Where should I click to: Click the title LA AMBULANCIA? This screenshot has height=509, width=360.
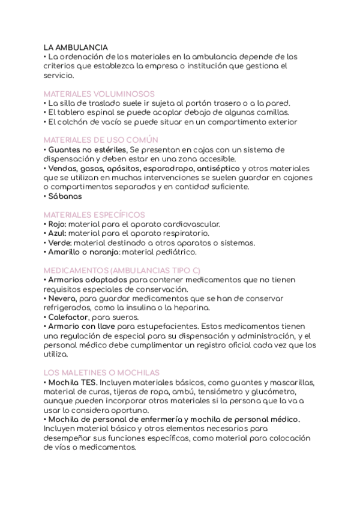click(76, 47)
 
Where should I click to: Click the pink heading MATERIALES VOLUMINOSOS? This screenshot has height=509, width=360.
click(100, 94)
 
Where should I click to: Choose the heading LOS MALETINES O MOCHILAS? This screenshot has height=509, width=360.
click(102, 373)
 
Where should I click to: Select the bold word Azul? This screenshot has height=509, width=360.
click(56, 233)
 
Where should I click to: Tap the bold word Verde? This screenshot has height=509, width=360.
click(58, 242)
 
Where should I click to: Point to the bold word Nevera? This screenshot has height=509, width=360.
click(62, 298)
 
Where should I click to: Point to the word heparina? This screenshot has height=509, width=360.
click(188, 307)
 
